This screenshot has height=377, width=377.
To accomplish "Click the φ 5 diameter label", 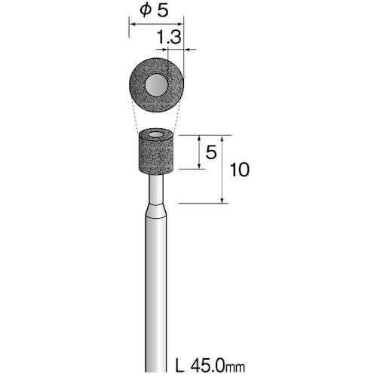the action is click(x=155, y=11).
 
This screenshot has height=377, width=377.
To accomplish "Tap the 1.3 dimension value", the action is click(x=169, y=37).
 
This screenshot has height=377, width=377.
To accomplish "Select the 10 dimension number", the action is click(x=240, y=170).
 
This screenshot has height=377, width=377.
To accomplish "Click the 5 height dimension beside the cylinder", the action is click(x=211, y=152).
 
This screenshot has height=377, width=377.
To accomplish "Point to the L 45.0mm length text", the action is click(x=210, y=366).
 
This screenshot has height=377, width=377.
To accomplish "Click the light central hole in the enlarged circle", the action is click(x=156, y=85).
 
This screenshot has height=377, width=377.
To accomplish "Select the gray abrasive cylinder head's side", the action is click(x=156, y=156).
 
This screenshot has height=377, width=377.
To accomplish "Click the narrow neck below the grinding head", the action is click(x=156, y=189).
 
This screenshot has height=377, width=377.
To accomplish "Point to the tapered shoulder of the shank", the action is click(x=156, y=212).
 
